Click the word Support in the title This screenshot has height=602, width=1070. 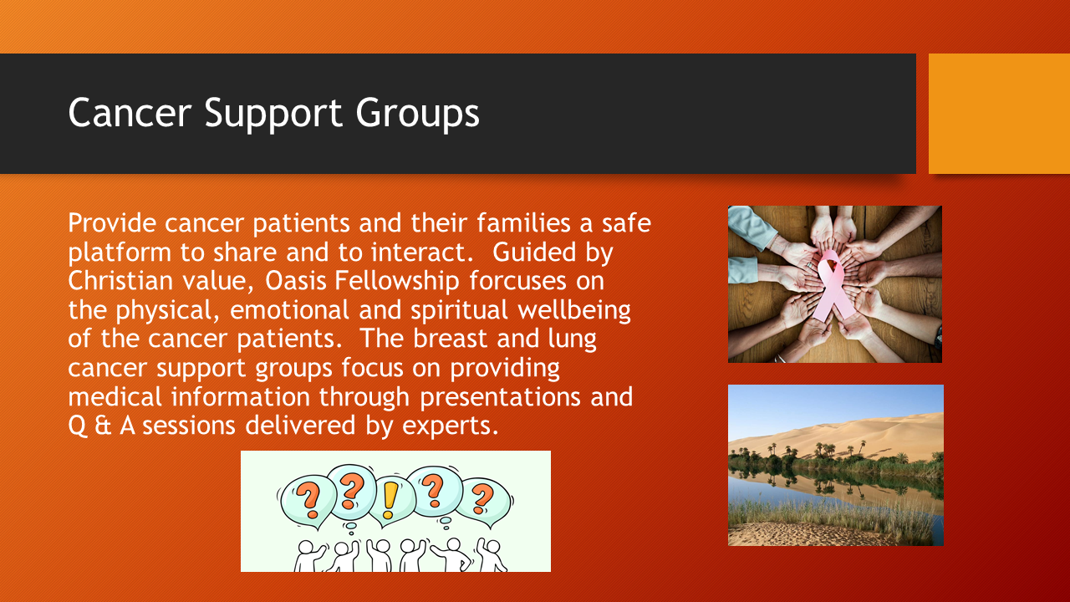pos(273,114)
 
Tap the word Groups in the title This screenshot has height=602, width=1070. pos(417,114)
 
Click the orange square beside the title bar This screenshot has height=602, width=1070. pos(999,114)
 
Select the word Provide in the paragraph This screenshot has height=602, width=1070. pos(112,222)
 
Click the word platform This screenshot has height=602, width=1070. pos(120,253)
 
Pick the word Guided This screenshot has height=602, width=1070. pos(534,252)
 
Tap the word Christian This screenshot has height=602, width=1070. pos(120,280)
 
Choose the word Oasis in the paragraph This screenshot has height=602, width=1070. pos(295,280)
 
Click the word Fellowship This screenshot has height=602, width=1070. pos(396,282)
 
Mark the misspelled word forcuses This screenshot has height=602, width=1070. pos(517,280)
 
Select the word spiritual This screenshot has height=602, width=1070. pos(459,310)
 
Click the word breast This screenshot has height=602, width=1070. pos(450,339)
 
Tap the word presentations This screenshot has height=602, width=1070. pos(500,397)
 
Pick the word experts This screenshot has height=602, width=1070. pos(451,426)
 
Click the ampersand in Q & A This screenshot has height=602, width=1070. pos(103,426)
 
